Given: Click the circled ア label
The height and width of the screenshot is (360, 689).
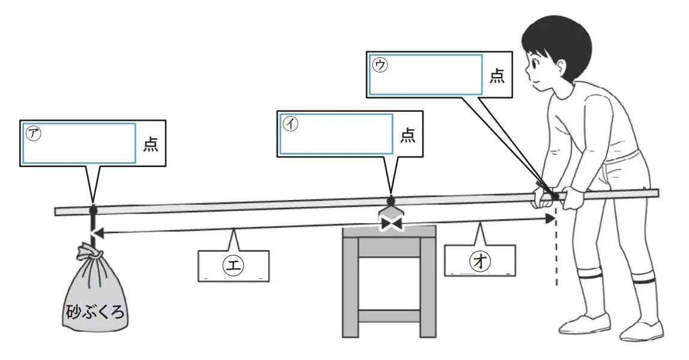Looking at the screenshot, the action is pyautogui.click(x=34, y=133).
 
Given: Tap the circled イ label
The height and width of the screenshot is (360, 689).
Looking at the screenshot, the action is pyautogui.click(x=291, y=124).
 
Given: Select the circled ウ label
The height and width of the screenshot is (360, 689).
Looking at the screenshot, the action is pyautogui.click(x=380, y=65).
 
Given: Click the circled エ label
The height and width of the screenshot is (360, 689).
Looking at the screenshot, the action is pyautogui.click(x=233, y=265).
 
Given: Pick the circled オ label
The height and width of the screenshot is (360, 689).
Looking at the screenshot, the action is pyautogui.click(x=480, y=261).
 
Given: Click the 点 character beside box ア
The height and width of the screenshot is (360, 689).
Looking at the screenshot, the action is pyautogui.click(x=151, y=144).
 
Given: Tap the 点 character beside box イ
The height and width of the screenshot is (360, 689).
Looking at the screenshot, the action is pyautogui.click(x=408, y=135).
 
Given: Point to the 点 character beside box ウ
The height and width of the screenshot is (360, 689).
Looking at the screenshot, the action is pyautogui.click(x=497, y=76).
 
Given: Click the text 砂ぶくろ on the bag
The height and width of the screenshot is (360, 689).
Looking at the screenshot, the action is pyautogui.click(x=96, y=312).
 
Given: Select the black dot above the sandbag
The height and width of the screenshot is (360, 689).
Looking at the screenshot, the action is pyautogui.click(x=93, y=210).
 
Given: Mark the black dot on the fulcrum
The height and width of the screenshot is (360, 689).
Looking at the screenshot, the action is pyautogui.click(x=390, y=201).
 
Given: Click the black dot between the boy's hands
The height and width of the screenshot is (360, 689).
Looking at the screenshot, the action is pyautogui.click(x=556, y=196).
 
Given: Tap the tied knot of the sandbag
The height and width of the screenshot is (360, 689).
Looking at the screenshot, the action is pyautogui.click(x=90, y=253).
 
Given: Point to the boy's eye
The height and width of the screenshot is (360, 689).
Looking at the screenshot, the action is pyautogui.click(x=533, y=64).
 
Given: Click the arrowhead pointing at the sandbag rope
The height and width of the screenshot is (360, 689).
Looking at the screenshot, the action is pyautogui.click(x=99, y=233).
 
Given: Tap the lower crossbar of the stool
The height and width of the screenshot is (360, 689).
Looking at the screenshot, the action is pyautogui.click(x=389, y=316).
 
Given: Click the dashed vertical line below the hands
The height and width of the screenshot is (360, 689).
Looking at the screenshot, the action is pyautogui.click(x=557, y=248).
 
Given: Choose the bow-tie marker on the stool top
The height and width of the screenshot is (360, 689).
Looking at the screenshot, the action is pyautogui.click(x=391, y=224).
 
